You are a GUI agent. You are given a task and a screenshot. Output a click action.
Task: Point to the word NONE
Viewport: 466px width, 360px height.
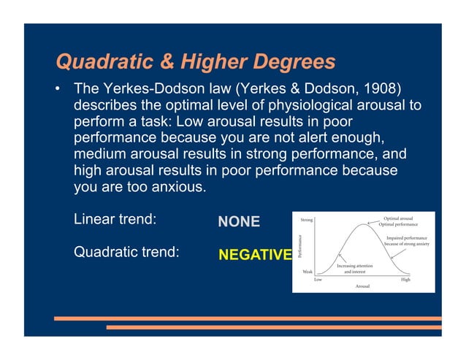pos(239,221)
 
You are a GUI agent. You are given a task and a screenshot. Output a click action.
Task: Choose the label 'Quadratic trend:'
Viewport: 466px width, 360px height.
pos(127,252)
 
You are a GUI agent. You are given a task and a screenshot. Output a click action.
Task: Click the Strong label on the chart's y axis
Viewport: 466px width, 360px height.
pos(308,219)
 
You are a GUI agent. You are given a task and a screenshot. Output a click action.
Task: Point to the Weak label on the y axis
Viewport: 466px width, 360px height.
pos(308,271)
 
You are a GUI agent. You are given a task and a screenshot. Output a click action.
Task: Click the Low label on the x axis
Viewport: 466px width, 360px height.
pos(318,279)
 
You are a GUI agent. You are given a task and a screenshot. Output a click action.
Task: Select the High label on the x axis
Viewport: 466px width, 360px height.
pos(405,279)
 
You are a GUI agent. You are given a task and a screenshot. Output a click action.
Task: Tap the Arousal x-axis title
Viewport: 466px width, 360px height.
pos(362,287)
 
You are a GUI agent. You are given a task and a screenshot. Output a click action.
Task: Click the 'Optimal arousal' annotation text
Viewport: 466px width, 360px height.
pos(398,218)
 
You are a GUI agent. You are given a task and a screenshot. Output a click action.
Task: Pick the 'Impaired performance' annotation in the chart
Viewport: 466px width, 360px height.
pos(407,237)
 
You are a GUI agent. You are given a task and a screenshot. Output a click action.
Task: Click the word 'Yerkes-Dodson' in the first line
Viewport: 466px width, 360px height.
pos(145,89)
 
